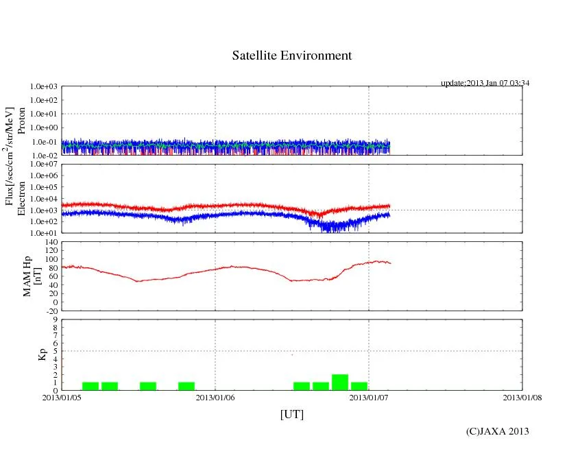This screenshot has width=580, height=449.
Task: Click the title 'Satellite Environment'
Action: click(291, 56)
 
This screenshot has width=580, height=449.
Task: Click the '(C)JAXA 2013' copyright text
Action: click(497, 431)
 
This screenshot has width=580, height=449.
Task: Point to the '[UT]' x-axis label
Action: click(291, 414)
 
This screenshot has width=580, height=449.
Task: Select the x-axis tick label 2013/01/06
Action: click(215, 397)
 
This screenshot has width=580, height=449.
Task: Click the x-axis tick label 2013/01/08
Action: click(522, 397)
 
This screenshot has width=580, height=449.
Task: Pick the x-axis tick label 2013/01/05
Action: click(62, 397)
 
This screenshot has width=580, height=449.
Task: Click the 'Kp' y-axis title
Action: click(43, 354)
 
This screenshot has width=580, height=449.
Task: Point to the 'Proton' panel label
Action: click(21, 121)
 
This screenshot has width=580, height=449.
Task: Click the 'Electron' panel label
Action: click(21, 199)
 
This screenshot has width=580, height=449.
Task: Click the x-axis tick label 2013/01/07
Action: click(369, 397)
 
